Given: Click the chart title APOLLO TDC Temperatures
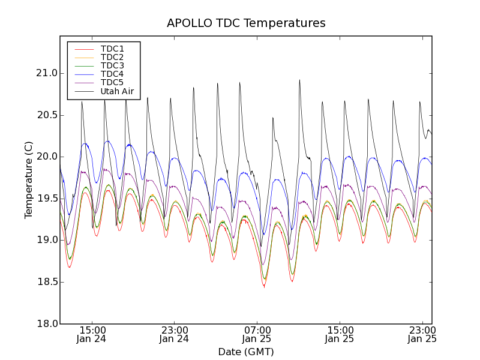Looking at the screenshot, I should [246, 23].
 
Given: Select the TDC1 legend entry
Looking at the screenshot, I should [112, 49].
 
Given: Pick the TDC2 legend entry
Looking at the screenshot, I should [112, 57].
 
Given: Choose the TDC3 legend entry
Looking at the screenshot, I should [112, 65].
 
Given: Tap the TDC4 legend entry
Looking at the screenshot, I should [112, 74].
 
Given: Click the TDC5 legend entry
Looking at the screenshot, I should [112, 82].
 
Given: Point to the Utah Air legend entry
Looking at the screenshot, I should [117, 91].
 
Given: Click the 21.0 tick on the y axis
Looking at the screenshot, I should [46, 73].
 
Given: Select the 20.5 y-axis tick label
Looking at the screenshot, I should [46, 115].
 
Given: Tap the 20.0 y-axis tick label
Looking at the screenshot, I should [46, 157].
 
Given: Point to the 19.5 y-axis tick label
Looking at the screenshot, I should [46, 199].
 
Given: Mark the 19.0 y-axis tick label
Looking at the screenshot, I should [46, 240].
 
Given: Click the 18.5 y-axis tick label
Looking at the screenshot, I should [46, 282].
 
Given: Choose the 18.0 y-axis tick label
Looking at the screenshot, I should [46, 323].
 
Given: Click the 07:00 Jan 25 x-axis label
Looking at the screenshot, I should [257, 335].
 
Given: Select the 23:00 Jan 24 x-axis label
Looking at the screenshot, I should [174, 335].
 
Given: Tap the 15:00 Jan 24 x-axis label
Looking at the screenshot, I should [92, 335].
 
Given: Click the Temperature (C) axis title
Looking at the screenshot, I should [29, 180].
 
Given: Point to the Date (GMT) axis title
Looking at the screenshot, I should [246, 352].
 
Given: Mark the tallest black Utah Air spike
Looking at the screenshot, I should [299, 80].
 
